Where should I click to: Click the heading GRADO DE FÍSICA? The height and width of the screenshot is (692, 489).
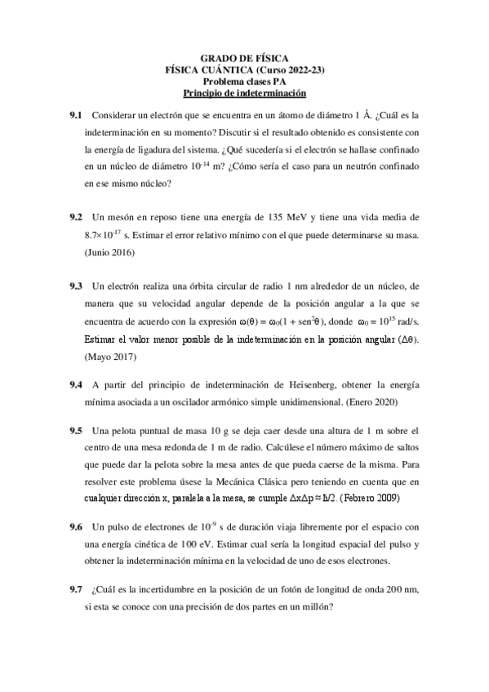(x=244, y=60)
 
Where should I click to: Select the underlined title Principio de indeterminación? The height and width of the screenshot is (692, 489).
(x=244, y=94)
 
